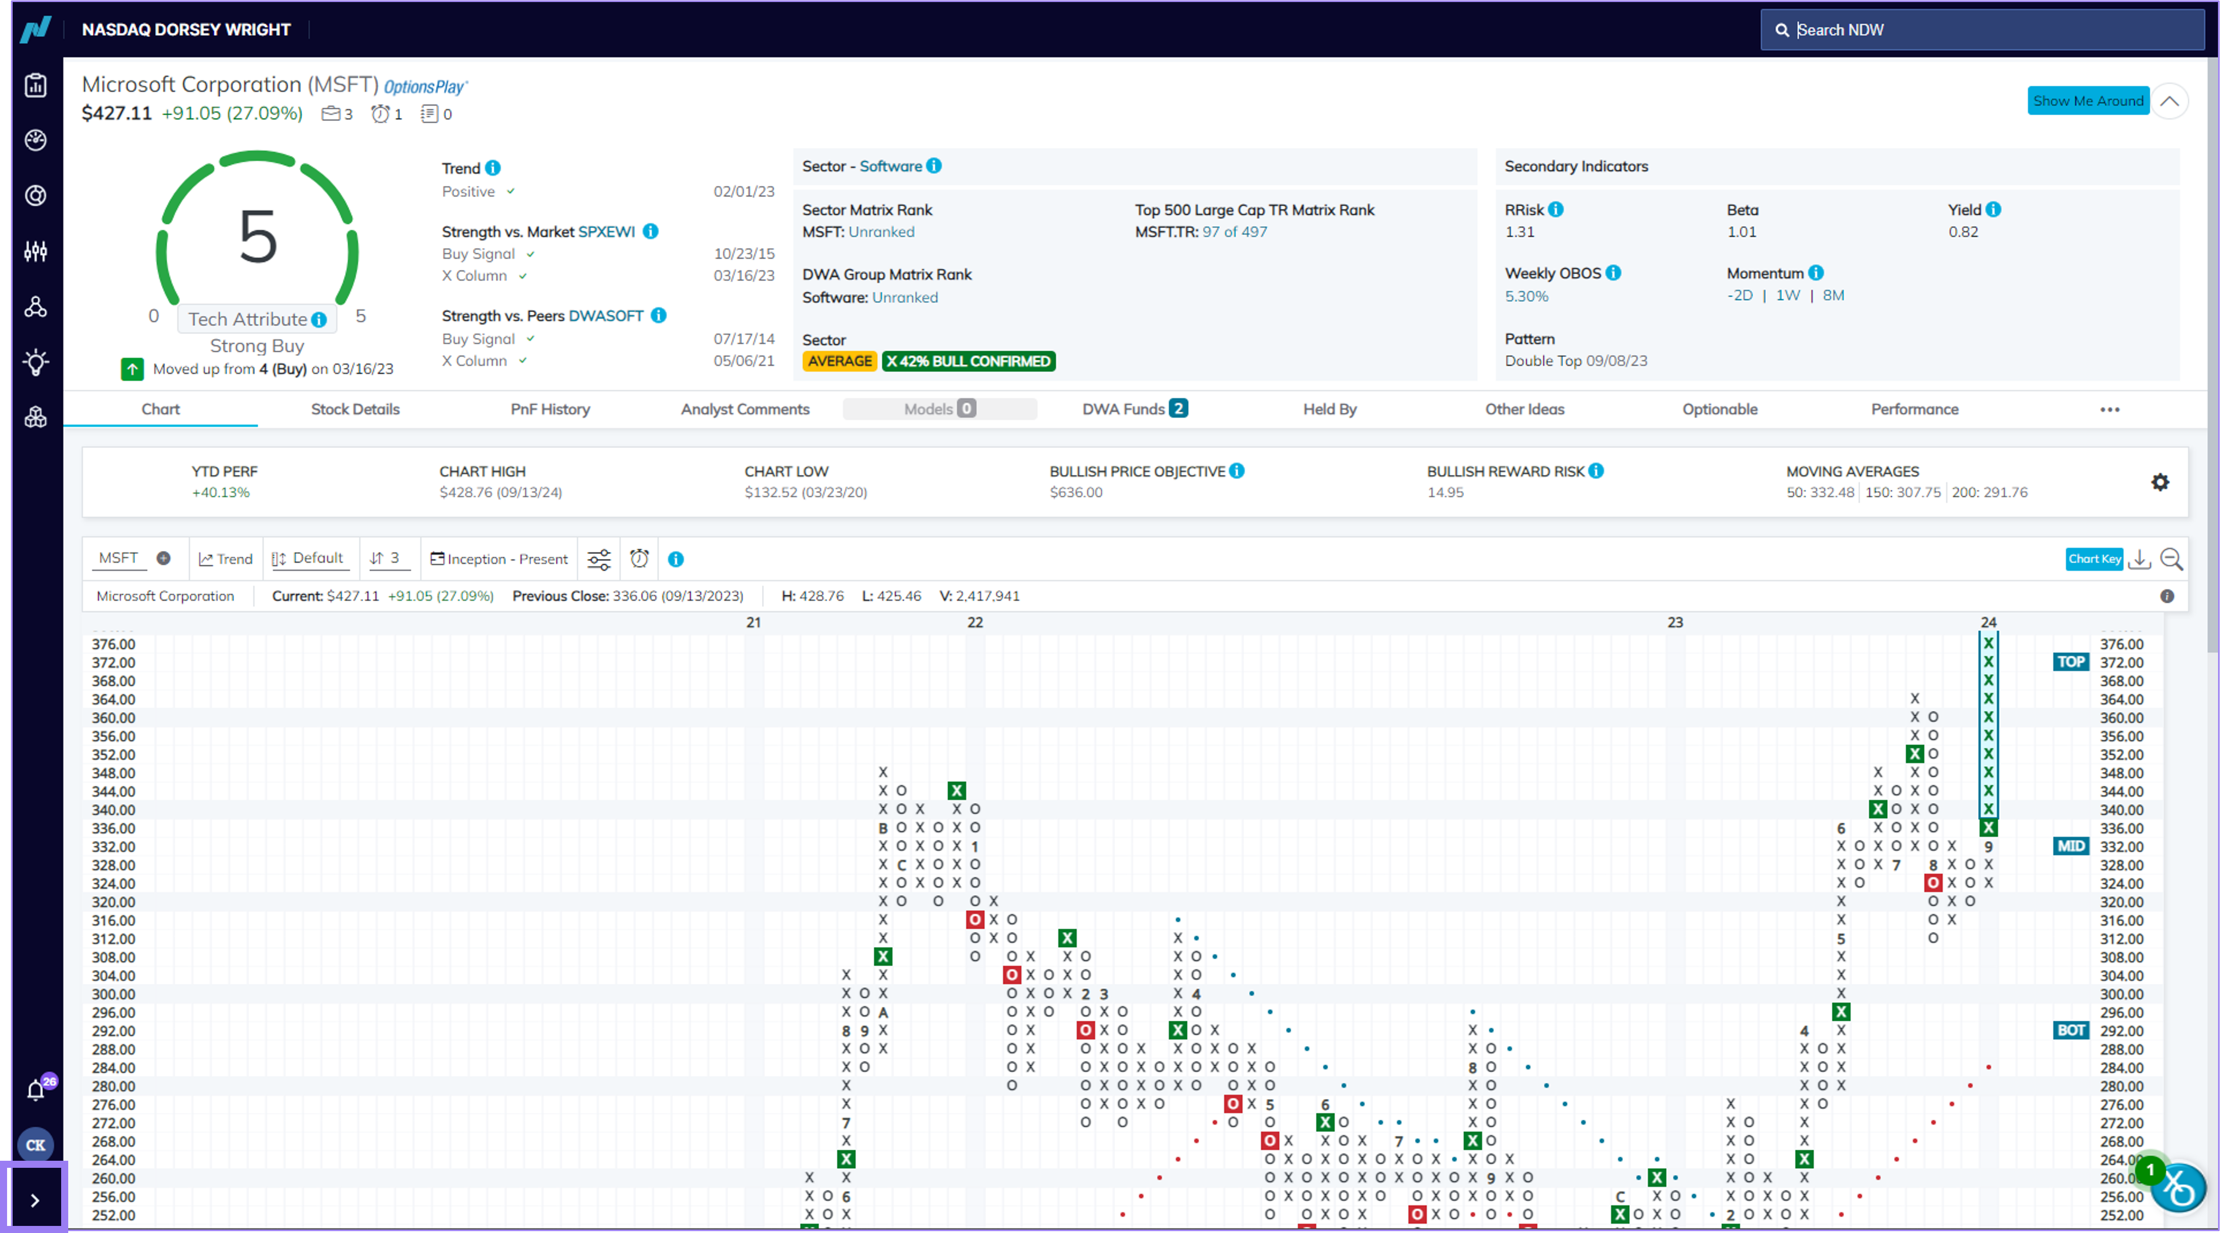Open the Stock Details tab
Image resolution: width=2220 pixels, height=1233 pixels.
(x=355, y=409)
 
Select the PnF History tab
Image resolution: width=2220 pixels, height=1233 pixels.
(x=550, y=409)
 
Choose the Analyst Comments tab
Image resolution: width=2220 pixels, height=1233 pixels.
(x=744, y=409)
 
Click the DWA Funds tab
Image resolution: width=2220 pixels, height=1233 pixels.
(x=1134, y=409)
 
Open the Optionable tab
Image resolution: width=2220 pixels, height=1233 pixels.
(x=1719, y=409)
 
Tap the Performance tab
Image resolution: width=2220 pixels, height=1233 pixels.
(x=1914, y=409)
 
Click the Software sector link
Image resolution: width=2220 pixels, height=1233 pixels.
(x=890, y=166)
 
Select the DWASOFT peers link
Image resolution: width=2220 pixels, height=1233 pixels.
(x=606, y=316)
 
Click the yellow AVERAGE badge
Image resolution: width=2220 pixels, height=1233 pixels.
(x=839, y=361)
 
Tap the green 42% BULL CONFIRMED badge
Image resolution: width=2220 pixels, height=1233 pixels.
(x=969, y=361)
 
